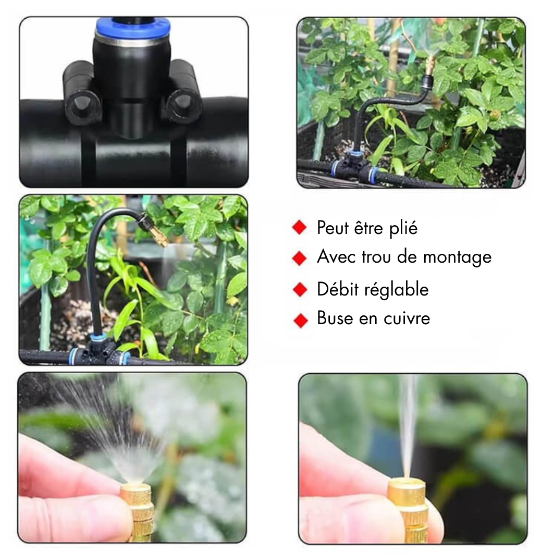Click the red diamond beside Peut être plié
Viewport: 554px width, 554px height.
coord(300,228)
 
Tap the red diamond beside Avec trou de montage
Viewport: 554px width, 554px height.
coord(300,258)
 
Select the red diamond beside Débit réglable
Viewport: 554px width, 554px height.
coord(300,289)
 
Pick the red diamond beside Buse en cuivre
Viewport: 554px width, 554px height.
coord(301,321)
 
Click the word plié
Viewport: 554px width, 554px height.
coord(403,228)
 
